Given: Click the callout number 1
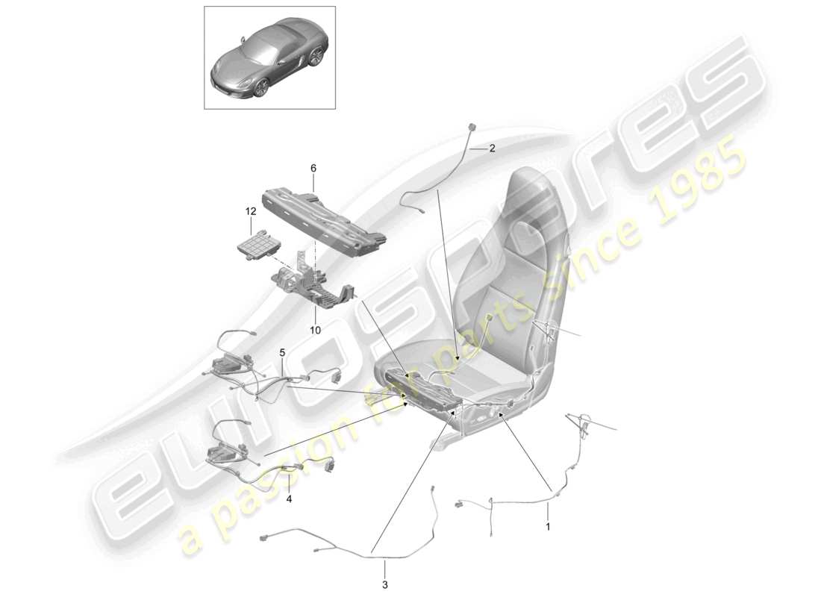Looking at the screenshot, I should click(549, 526).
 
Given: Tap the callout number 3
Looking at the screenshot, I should click(386, 584).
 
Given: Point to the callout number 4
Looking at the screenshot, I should click(289, 499).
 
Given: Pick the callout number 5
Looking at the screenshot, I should click(283, 351).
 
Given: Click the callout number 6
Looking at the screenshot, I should click(313, 169).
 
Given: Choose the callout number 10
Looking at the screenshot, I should click(315, 329).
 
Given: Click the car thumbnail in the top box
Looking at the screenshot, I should click(269, 58).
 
